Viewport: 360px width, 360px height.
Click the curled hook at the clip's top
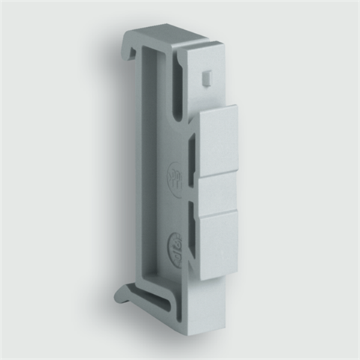coord(130,46)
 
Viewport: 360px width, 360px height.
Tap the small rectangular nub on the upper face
coord(206,77)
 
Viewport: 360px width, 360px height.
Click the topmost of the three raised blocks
coord(219,139)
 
